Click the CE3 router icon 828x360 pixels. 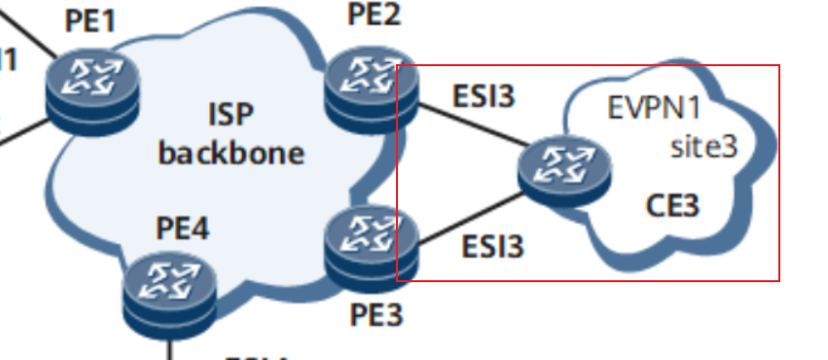pos(565,172)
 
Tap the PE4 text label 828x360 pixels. pos(182,230)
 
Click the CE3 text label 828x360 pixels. pos(672,206)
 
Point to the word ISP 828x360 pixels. pos(230,115)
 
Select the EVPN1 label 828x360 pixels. pos(654,107)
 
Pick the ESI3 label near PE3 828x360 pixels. pos(492,247)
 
